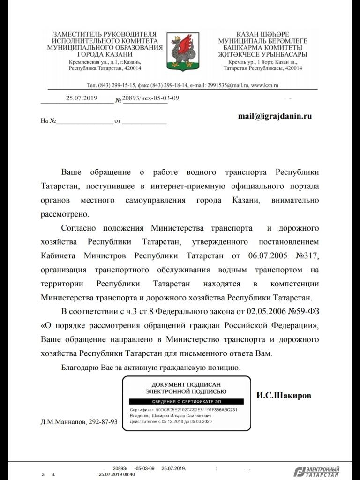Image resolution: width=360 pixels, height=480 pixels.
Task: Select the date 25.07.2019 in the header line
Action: click(81, 98)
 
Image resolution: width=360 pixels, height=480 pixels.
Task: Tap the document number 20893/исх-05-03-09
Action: click(150, 98)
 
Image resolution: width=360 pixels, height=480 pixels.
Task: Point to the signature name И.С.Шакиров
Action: click(284, 395)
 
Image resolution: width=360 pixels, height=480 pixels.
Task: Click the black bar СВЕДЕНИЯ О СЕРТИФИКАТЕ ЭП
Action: click(186, 402)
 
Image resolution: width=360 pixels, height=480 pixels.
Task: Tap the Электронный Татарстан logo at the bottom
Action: click(317, 472)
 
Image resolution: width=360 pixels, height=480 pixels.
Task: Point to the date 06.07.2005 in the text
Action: click(262, 256)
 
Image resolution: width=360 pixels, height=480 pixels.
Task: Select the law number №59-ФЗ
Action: click(301, 311)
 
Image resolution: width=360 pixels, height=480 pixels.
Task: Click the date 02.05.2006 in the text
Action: click(254, 311)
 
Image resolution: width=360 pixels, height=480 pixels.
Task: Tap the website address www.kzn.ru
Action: click(265, 85)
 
